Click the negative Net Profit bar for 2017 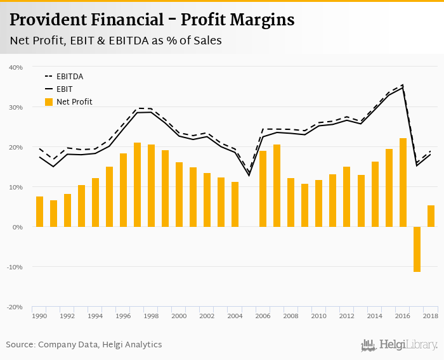(417, 249)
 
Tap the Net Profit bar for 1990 (39, 212)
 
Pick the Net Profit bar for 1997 (137, 184)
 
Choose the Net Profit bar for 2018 (431, 216)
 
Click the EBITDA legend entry (69, 77)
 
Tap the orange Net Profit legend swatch (49, 101)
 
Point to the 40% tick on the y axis (16, 67)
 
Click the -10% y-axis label (15, 267)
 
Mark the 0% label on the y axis (18, 227)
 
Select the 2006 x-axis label (263, 316)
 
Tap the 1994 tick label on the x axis (95, 316)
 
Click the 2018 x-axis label (430, 316)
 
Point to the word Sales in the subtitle (207, 41)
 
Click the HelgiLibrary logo (399, 345)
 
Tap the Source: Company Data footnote (84, 345)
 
